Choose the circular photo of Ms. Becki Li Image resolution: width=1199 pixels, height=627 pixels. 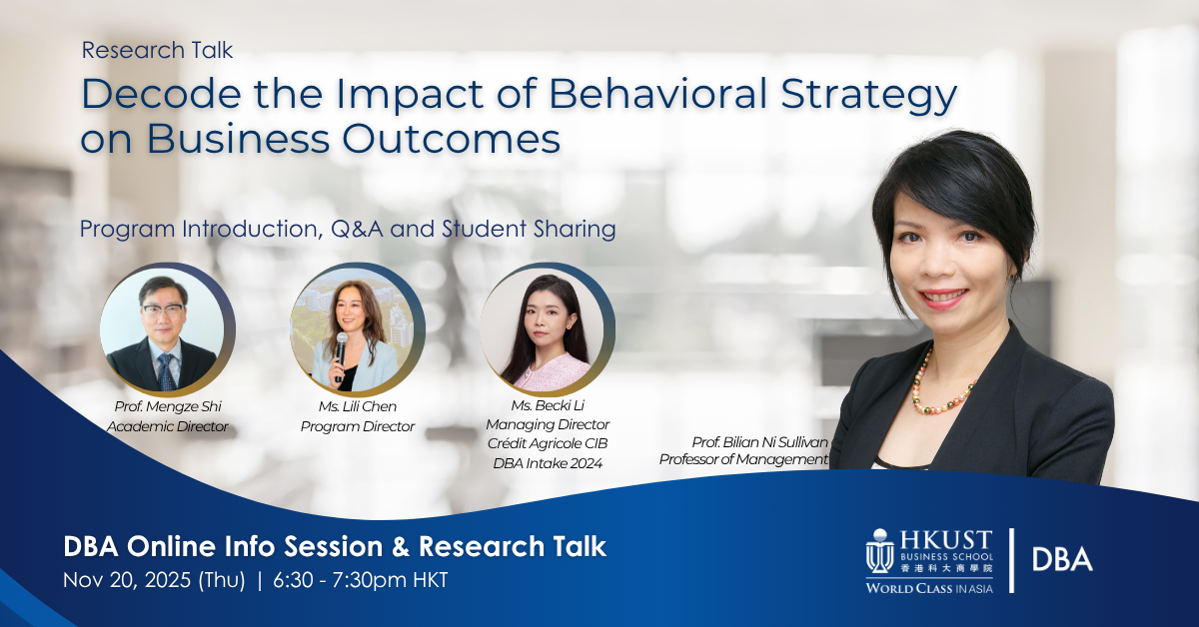coord(548,330)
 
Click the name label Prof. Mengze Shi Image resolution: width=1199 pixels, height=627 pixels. coord(168,406)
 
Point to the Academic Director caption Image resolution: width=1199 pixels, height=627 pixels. coord(168,426)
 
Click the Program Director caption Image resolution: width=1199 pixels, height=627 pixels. coord(358,426)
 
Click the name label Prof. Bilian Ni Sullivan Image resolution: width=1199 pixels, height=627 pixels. coord(759,440)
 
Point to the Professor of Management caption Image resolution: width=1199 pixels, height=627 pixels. coord(744,459)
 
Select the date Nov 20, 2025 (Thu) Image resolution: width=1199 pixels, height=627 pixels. coord(154,580)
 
